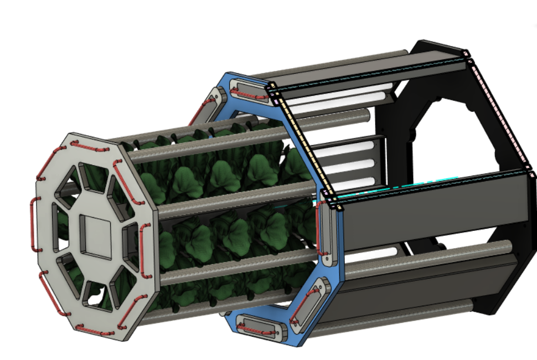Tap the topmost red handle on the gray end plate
coord(90,147)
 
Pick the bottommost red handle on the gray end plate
coord(94,330)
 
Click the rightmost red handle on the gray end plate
coord(144,244)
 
